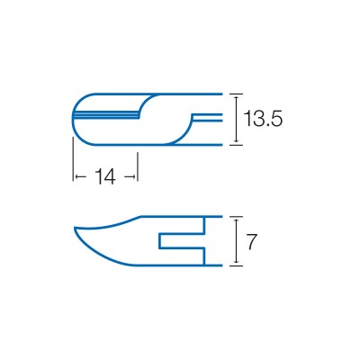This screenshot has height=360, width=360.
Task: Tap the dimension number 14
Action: coord(105,177)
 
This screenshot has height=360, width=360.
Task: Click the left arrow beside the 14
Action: coord(78,176)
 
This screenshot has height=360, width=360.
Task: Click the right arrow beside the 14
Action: coord(131,176)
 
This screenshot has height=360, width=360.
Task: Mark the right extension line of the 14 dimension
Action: coord(138,166)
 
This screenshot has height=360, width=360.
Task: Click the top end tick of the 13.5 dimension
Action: coord(236,94)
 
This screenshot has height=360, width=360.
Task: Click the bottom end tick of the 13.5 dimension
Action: coord(236,143)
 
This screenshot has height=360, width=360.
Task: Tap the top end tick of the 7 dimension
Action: coord(236,217)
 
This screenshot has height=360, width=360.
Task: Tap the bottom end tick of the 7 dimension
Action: coord(236,265)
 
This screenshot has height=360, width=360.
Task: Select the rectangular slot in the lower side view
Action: coord(180,242)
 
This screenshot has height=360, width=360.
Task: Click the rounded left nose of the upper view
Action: coord(73,118)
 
